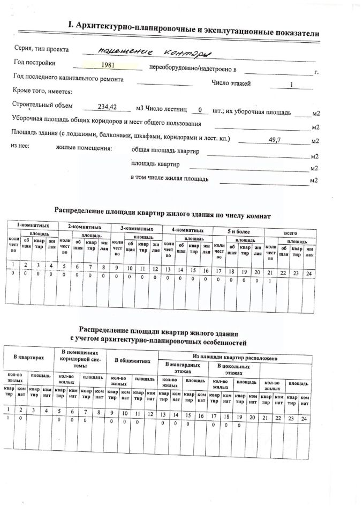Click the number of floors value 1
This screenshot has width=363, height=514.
click(291, 85)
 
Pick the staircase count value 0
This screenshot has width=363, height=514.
click(200, 110)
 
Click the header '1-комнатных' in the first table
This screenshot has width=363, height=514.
click(29, 225)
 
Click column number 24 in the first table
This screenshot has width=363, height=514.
click(308, 274)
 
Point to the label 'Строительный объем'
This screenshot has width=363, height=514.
click(42, 105)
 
